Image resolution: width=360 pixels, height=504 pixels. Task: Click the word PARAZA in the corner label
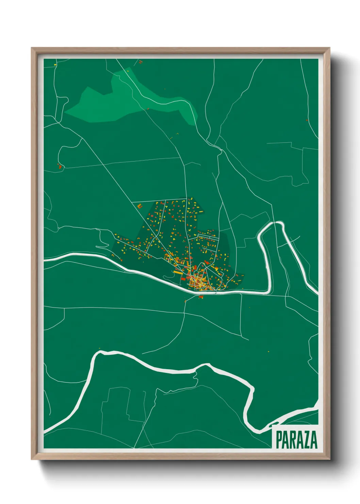coord(296,440)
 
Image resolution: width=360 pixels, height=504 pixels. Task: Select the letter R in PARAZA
coord(292,440)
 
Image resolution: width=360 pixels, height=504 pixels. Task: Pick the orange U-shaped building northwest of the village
coord(140,206)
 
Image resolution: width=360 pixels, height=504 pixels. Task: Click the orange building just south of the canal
coord(200,297)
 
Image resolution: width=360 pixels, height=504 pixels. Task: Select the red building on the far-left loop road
coord(60,167)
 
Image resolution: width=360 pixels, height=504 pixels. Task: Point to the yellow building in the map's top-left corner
coord(55,64)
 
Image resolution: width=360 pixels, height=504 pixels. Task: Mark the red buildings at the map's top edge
coord(140,62)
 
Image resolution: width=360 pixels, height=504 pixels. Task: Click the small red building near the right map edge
coord(307,120)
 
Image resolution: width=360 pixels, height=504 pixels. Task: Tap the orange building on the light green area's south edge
coord(148,109)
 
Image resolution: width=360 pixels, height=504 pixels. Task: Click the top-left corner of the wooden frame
coord(32,48)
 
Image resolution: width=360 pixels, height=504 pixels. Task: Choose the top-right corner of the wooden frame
coord(330,48)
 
